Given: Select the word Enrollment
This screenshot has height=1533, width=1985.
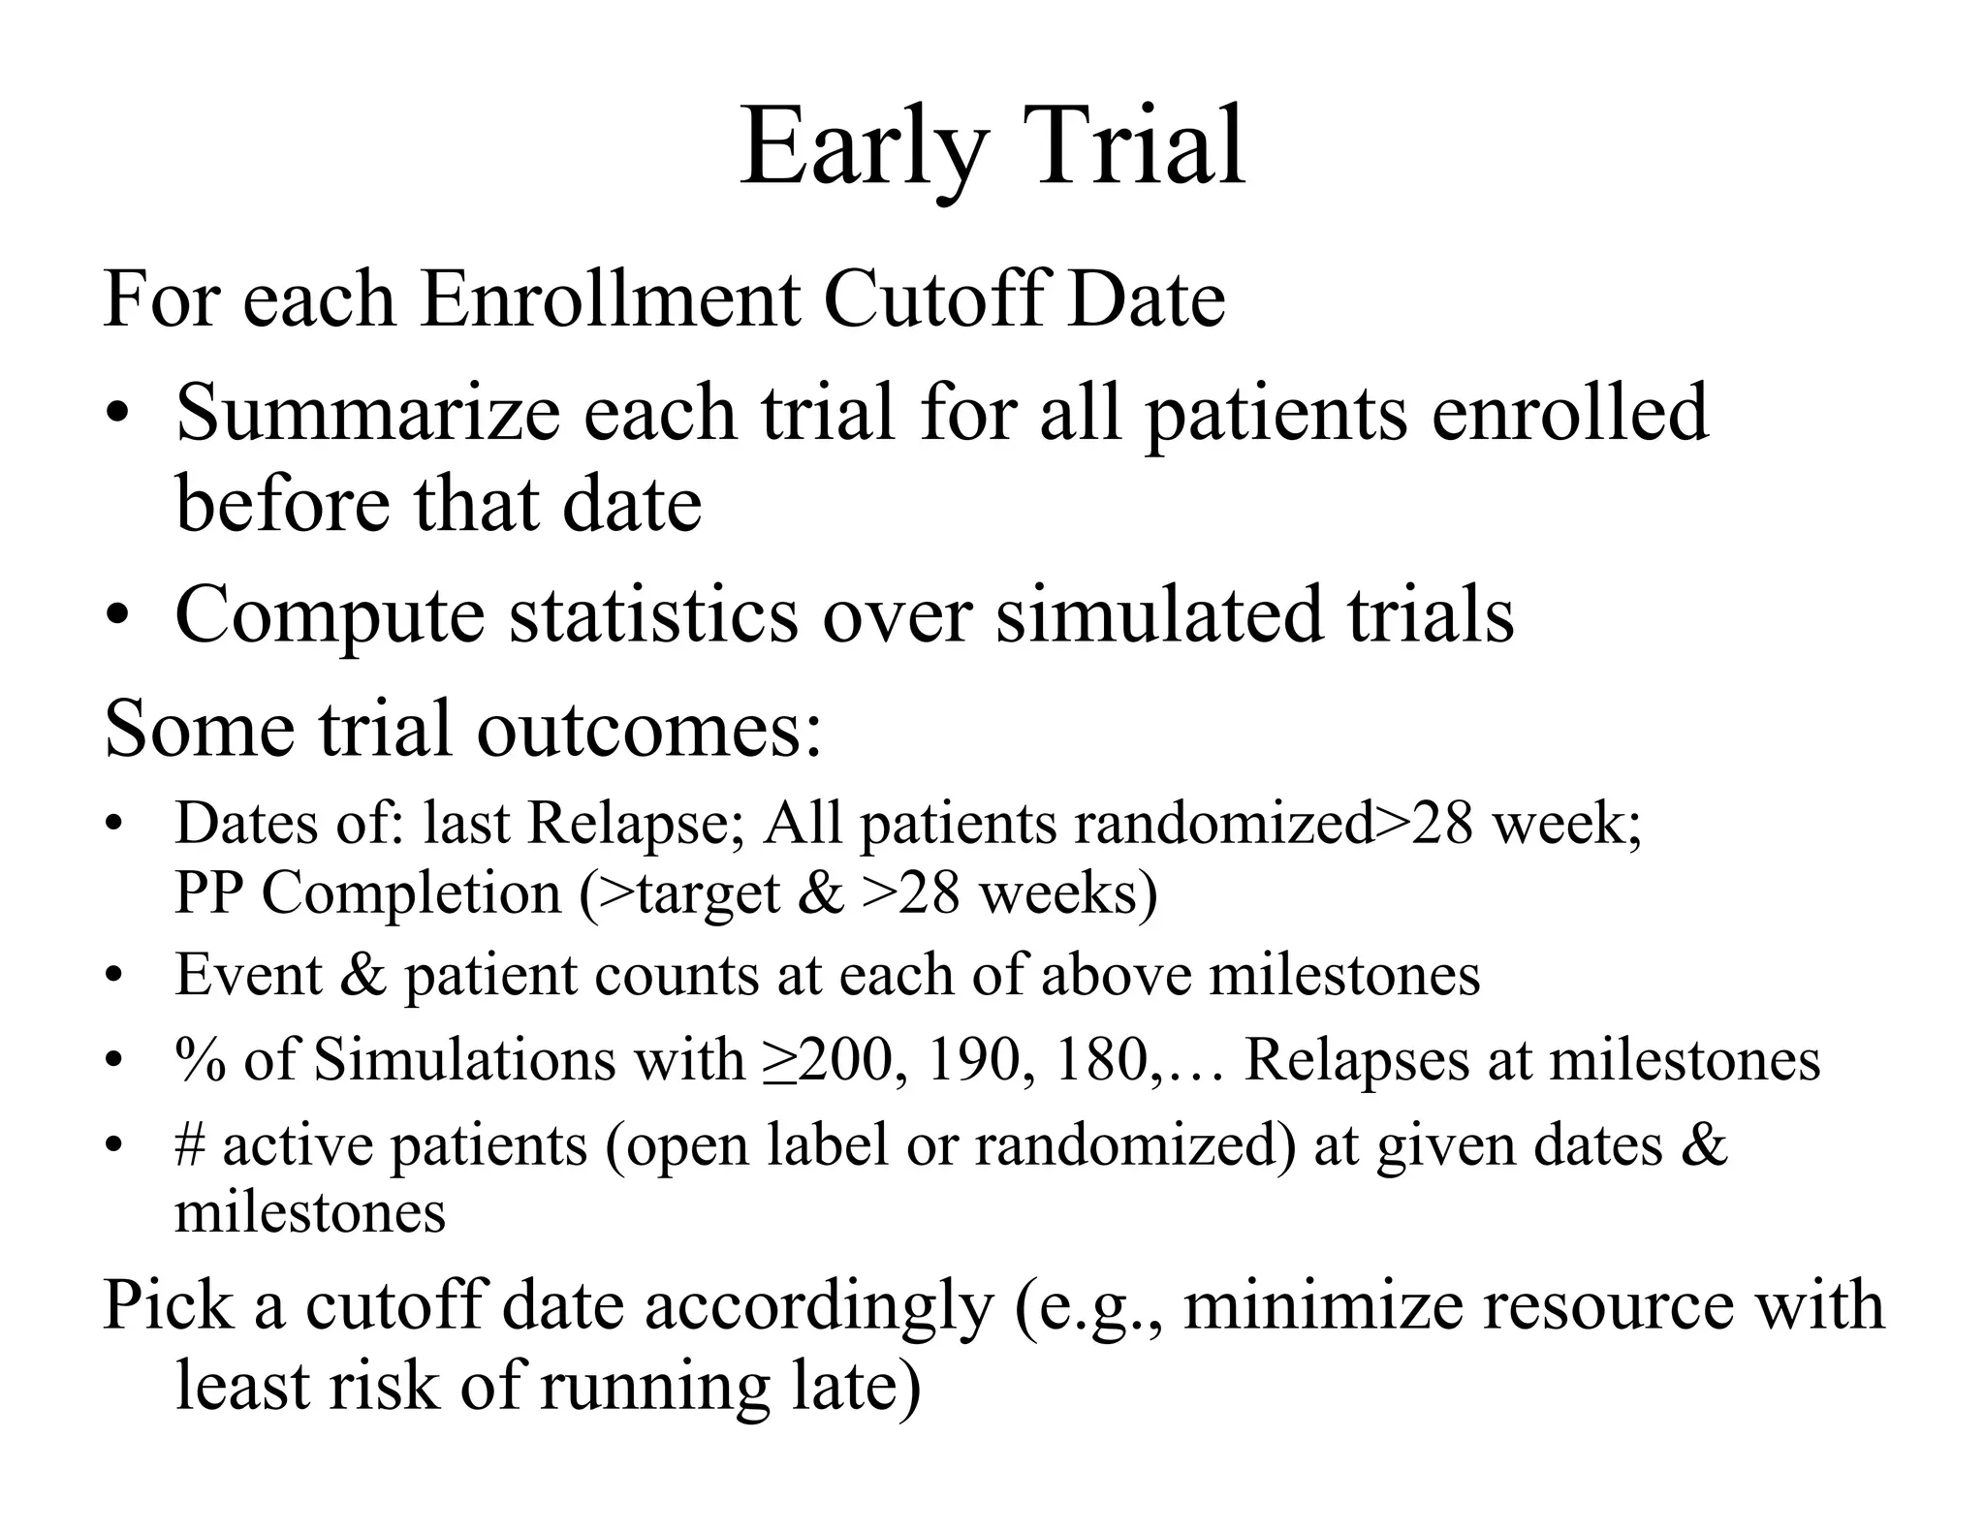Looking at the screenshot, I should pyautogui.click(x=610, y=299).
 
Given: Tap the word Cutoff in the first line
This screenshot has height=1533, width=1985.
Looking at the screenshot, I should pyautogui.click(x=934, y=299).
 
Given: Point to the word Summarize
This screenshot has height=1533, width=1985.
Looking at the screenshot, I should pyautogui.click(x=367, y=414).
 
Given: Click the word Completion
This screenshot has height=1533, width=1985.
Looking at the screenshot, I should pyautogui.click(x=412, y=894).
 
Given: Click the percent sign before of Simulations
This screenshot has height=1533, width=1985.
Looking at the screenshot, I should pyautogui.click(x=201, y=1059).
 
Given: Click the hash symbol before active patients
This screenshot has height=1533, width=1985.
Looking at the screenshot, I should pyautogui.click(x=189, y=1144).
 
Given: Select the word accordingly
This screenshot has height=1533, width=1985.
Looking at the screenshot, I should pyautogui.click(x=820, y=1306).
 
